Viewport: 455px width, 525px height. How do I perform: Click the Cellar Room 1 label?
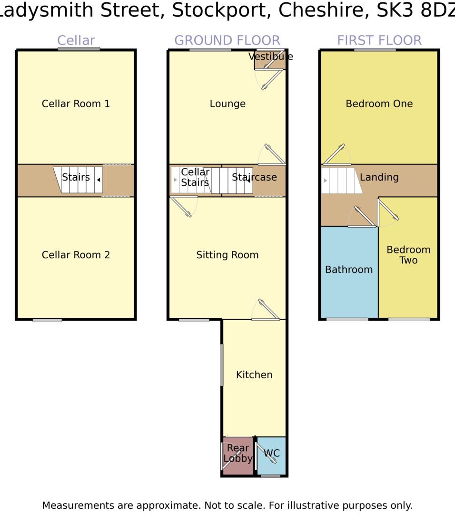tap(76, 104)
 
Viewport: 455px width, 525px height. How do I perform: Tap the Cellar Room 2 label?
tap(76, 255)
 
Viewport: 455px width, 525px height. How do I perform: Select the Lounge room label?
tap(227, 104)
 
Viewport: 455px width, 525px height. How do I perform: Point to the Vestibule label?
tap(270, 57)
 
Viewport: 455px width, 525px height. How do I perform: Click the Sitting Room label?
tap(227, 255)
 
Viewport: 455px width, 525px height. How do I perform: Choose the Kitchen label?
tap(254, 375)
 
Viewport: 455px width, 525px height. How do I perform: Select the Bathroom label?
tap(349, 270)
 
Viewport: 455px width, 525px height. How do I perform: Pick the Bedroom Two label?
tap(408, 255)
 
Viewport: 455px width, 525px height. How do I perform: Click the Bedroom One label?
tap(379, 104)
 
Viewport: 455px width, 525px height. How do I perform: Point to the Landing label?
tap(379, 177)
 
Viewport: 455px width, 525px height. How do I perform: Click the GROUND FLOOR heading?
tap(227, 40)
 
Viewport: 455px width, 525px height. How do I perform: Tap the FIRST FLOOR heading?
tap(379, 40)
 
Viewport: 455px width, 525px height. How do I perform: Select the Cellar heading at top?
tap(76, 40)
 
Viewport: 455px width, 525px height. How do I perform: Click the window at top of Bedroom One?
tap(375, 50)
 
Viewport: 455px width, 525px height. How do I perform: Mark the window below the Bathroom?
tap(347, 319)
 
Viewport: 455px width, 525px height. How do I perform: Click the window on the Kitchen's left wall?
tap(222, 364)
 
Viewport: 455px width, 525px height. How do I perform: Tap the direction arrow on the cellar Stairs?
tap(99, 180)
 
